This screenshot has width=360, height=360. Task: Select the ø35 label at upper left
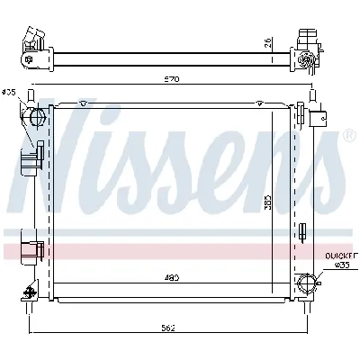10,91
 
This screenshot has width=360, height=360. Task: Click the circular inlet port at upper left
37,119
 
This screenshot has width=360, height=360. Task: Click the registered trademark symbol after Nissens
349,136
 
